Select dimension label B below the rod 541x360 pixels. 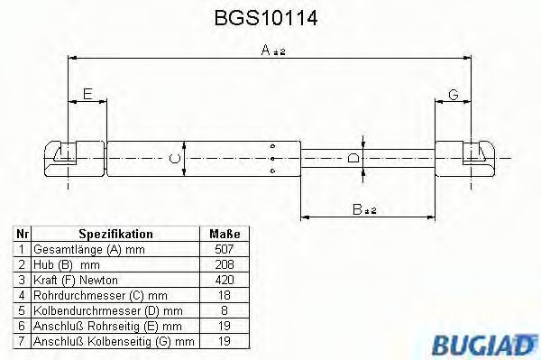pyautogui.click(x=363, y=209)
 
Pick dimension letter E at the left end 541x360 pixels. pyautogui.click(x=87, y=94)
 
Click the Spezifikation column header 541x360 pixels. pyautogui.click(x=115, y=233)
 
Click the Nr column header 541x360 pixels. pyautogui.click(x=22, y=233)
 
